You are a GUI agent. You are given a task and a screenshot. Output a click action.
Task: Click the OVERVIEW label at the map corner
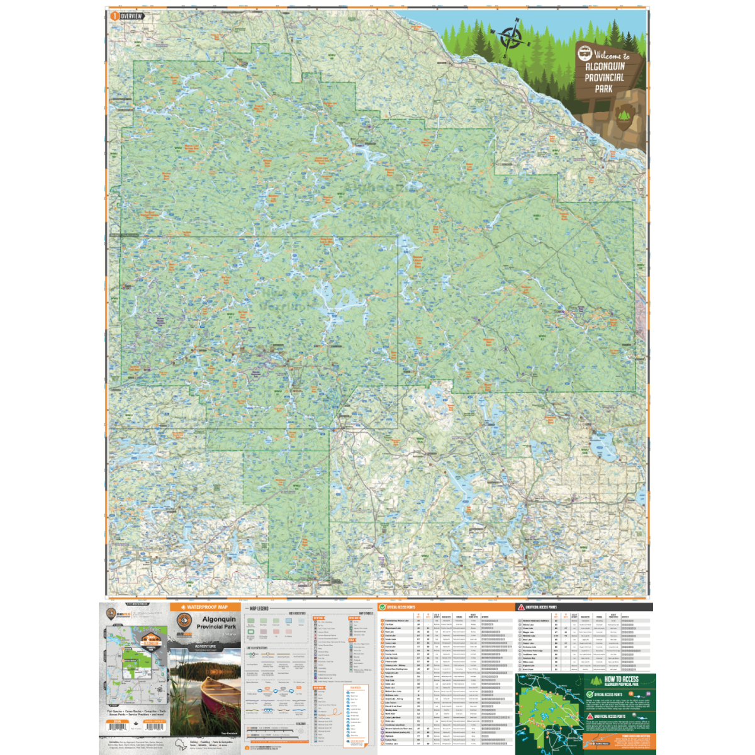(131, 16)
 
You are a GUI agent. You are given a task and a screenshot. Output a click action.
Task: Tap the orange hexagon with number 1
(114, 16)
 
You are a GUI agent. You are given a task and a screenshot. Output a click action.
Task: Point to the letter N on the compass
(518, 21)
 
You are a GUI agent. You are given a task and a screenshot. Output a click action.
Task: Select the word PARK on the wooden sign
(603, 89)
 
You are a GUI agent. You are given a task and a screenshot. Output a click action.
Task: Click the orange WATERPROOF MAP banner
(204, 607)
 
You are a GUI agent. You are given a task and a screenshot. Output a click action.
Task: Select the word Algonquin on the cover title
(218, 620)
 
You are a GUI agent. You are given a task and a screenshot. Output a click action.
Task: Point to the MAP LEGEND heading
(258, 609)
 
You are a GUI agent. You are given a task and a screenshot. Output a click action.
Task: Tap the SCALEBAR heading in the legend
(300, 724)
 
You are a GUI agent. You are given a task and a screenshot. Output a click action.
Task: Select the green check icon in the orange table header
(382, 607)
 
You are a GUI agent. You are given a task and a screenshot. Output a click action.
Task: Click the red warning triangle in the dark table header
(520, 607)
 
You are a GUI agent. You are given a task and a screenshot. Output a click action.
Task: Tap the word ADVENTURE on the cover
(205, 646)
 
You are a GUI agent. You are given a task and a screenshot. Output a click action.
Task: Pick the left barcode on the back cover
(118, 727)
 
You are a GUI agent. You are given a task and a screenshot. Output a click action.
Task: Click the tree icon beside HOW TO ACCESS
(596, 681)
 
